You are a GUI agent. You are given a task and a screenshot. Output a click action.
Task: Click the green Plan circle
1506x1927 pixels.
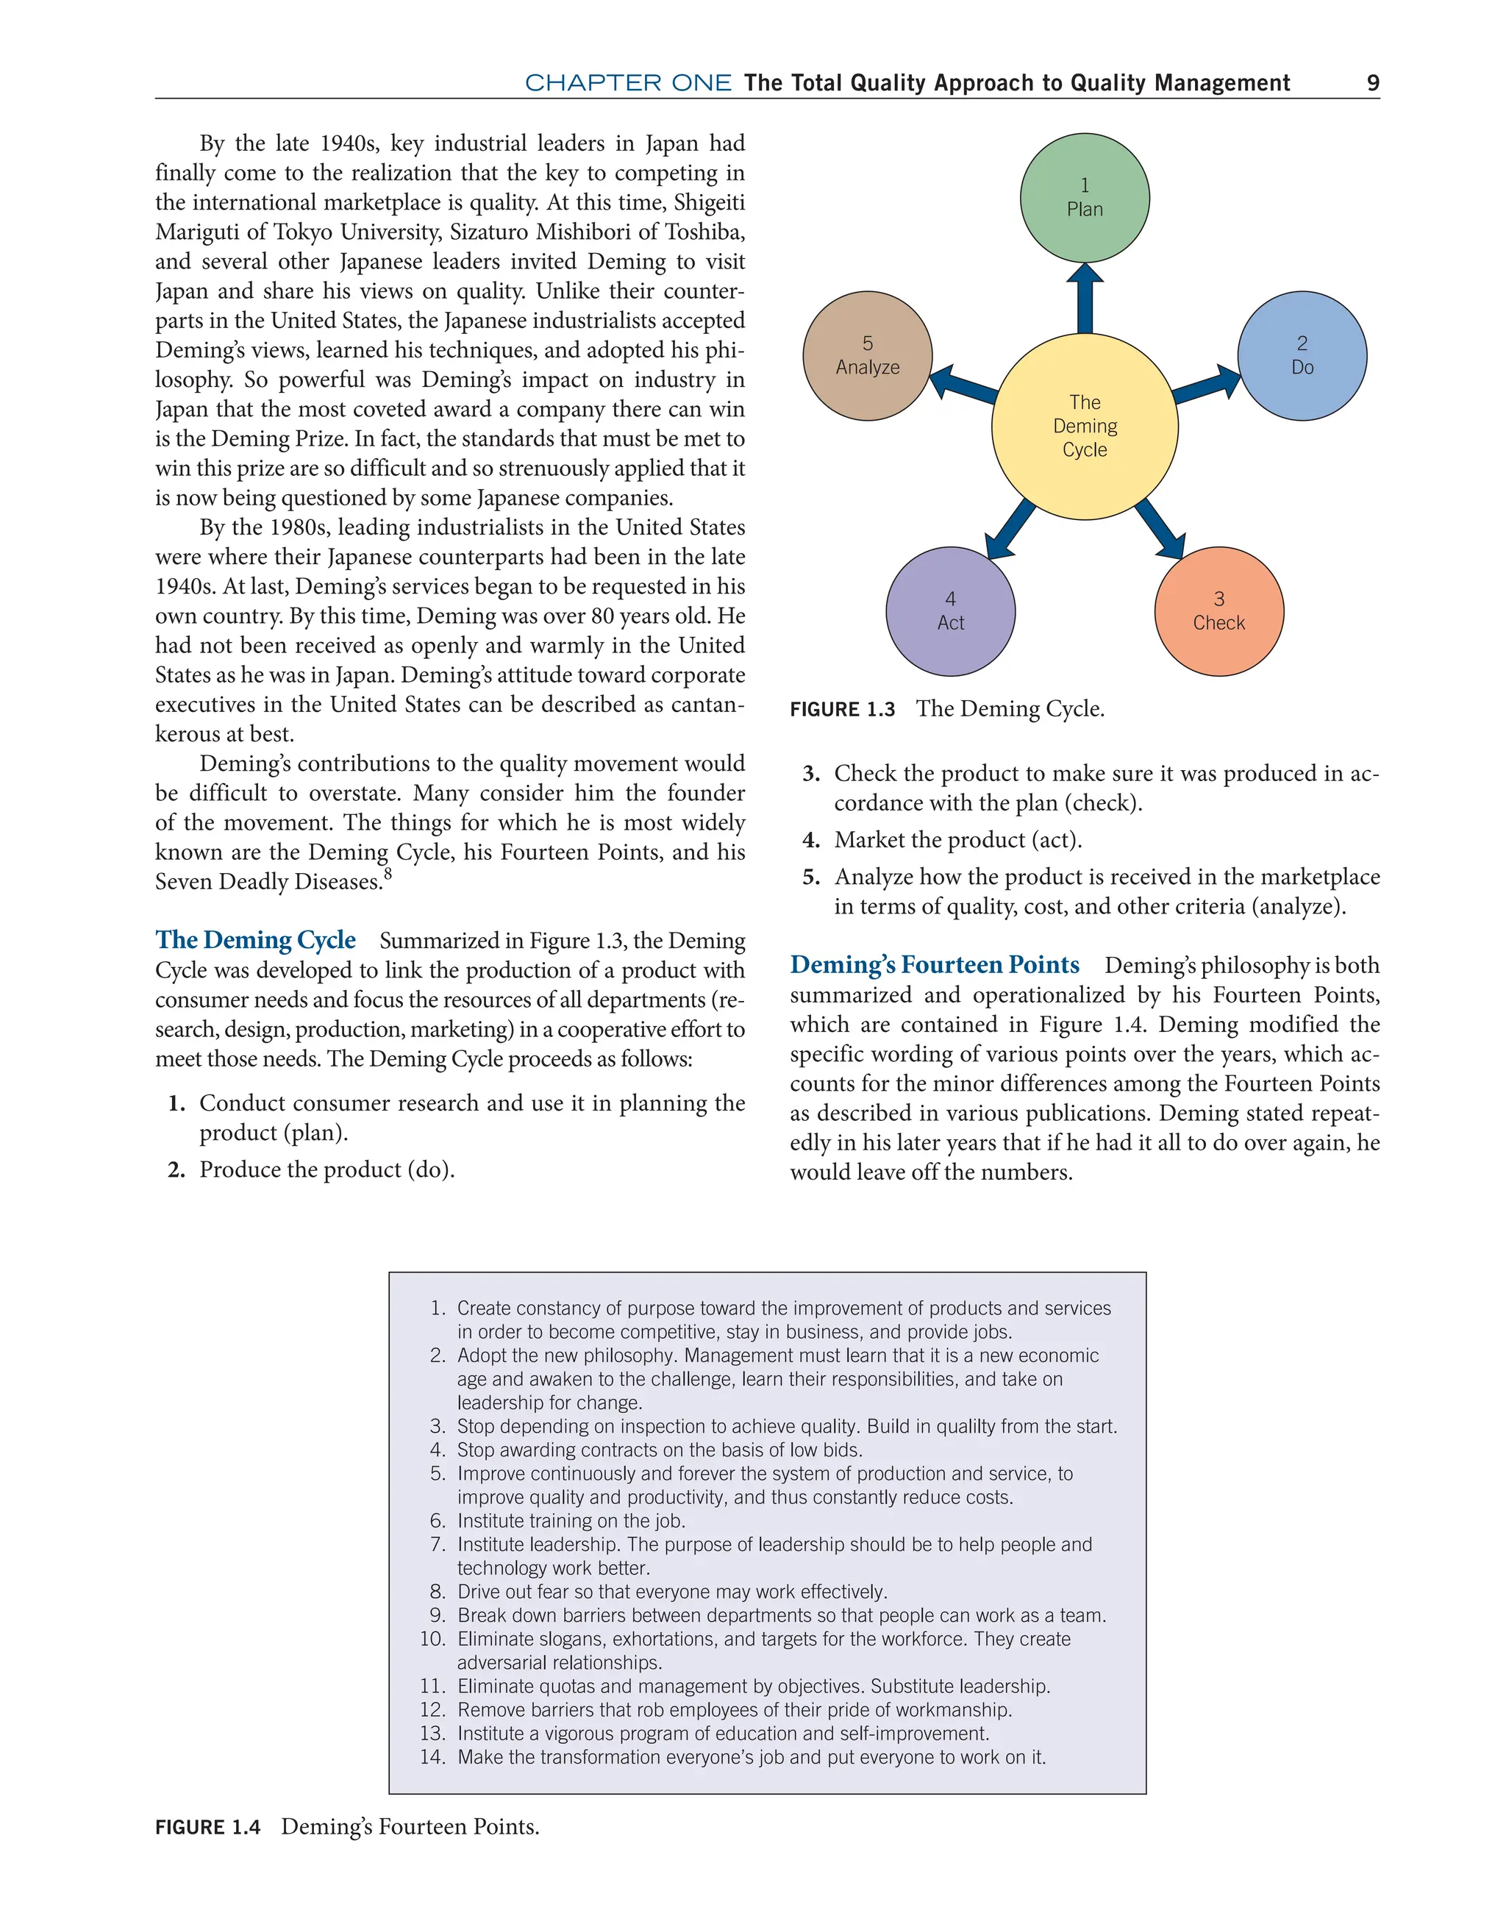(x=1085, y=198)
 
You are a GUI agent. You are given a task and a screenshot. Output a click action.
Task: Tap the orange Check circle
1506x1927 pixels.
(x=1218, y=611)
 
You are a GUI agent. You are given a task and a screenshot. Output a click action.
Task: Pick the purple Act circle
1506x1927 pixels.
(x=950, y=611)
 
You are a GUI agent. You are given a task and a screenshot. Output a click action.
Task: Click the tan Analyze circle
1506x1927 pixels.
(x=867, y=355)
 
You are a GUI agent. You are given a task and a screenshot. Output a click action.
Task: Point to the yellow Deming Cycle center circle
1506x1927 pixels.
(x=1085, y=426)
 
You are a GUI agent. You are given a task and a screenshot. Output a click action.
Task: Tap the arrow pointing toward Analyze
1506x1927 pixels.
(x=963, y=385)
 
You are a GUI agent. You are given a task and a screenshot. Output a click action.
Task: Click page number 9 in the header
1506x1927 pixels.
(x=1372, y=83)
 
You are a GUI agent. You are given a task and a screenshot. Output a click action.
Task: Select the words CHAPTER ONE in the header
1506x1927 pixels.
(x=627, y=83)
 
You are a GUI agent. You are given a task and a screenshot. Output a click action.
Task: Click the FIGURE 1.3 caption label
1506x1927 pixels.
(x=842, y=710)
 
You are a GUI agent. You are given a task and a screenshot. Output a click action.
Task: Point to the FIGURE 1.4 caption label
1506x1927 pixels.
(x=207, y=1826)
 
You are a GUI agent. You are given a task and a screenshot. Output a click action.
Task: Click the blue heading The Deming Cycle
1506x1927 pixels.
(x=255, y=940)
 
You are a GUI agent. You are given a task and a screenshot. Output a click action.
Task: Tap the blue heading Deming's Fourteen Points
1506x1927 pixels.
(x=935, y=964)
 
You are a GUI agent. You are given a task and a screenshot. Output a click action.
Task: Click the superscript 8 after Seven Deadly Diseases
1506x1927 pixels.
(x=388, y=875)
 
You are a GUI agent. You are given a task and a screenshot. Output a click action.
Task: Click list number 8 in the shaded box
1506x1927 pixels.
(x=438, y=1592)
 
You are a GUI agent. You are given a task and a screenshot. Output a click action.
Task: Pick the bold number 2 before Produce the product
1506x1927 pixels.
(x=176, y=1170)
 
